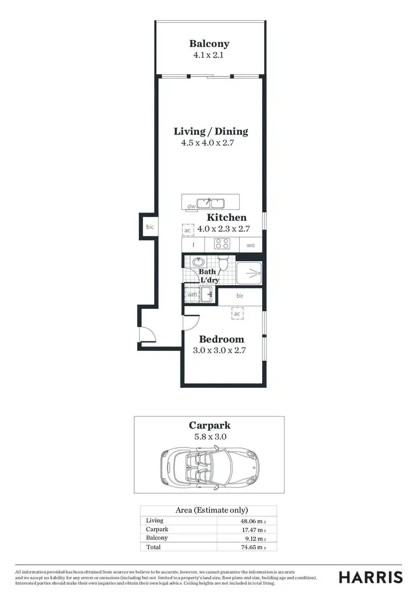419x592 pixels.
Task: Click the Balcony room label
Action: point(209,44)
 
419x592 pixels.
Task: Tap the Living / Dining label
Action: point(211,132)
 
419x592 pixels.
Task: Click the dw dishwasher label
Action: point(191,206)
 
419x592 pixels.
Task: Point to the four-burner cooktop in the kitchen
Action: point(222,244)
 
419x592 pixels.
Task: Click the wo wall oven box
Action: point(250,244)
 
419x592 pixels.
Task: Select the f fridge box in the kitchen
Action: point(193,244)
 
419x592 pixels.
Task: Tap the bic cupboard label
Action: point(150,227)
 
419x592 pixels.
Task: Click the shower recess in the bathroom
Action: point(248,273)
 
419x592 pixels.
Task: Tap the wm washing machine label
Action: point(192,294)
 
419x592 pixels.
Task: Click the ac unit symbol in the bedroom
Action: point(237,314)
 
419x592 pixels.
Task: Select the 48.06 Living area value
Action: point(251,521)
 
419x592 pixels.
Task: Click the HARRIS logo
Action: point(371,576)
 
